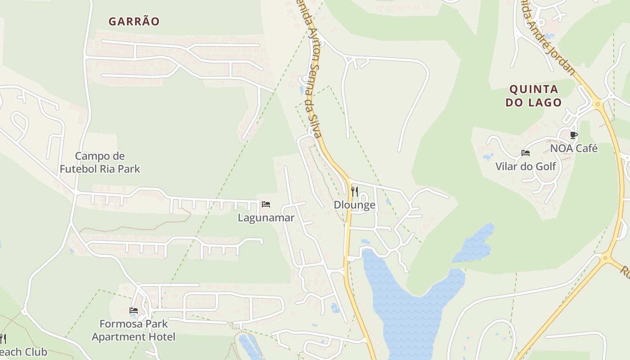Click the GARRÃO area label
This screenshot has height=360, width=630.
click(134, 22)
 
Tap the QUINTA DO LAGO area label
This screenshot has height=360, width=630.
click(534, 95)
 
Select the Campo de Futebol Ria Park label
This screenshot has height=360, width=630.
click(100, 162)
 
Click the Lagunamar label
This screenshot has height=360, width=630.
click(266, 218)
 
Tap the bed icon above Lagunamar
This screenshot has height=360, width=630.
click(266, 204)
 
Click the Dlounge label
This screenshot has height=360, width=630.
click(355, 205)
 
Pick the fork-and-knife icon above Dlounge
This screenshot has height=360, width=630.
click(355, 192)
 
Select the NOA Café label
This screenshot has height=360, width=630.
click(574, 148)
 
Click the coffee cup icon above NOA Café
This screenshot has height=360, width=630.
click(573, 135)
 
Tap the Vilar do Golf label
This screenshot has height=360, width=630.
click(526, 166)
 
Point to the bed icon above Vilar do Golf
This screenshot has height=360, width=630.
click(525, 153)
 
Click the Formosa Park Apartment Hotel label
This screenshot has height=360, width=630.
click(134, 330)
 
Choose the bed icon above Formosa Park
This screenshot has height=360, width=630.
click(133, 310)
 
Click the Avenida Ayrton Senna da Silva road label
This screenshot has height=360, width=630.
click(310, 67)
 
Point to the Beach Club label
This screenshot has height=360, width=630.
click(22, 351)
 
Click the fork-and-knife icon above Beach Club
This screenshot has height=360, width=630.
click(2, 338)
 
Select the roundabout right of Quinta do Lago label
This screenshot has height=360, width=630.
click(598, 104)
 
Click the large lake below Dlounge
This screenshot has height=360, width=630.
click(405, 306)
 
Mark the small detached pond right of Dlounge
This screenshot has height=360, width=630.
click(475, 245)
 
